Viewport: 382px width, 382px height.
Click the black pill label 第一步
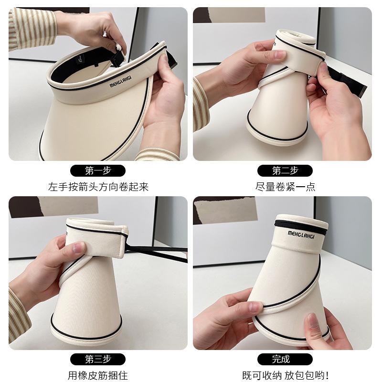(x=98, y=170)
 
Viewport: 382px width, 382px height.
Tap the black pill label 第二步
(x=285, y=170)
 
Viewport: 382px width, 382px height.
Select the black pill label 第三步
(x=98, y=360)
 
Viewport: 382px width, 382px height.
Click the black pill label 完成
(x=285, y=360)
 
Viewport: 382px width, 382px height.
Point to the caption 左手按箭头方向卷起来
(x=98, y=187)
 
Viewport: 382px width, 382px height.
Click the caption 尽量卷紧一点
(x=285, y=187)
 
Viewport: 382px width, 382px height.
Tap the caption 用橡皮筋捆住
(x=98, y=376)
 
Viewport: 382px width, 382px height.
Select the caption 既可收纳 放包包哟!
(x=285, y=376)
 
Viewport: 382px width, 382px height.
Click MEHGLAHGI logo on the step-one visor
(x=121, y=81)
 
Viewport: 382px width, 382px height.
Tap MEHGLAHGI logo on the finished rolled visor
(x=301, y=235)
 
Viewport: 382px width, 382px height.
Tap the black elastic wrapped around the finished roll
(x=300, y=227)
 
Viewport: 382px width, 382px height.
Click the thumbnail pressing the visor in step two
(x=279, y=54)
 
